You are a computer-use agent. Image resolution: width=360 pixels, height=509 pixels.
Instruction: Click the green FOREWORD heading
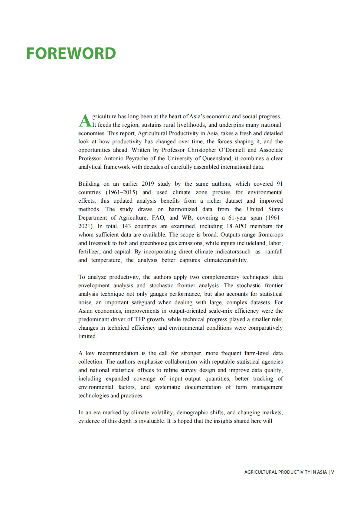pyautogui.click(x=71, y=54)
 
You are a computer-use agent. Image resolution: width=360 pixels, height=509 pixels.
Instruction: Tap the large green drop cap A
pyautogui.click(x=85, y=120)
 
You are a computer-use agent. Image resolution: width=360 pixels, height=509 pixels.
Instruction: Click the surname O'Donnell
pyautogui.click(x=232, y=150)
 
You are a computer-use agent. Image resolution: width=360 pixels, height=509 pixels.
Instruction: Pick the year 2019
pyautogui.click(x=148, y=184)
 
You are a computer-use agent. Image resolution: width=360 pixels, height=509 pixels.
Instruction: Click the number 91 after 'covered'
pyautogui.click(x=280, y=184)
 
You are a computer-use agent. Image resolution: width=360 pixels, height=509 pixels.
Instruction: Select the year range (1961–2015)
pyautogui.click(x=121, y=192)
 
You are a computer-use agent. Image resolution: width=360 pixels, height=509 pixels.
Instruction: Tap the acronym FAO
pyautogui.click(x=158, y=218)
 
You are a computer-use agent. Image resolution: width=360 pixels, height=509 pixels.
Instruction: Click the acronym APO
pyautogui.click(x=240, y=226)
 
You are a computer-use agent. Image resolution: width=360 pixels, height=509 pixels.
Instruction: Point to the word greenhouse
pyautogui.click(x=153, y=243)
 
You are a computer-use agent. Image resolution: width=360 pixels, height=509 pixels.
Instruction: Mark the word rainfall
pyautogui.click(x=274, y=252)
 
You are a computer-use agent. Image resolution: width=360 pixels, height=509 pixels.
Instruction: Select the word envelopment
pyautogui.click(x=94, y=285)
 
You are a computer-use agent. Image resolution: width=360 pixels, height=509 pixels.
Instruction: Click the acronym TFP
pyautogui.click(x=139, y=319)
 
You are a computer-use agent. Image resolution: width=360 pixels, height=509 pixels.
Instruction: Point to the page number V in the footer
pyautogui.click(x=332, y=472)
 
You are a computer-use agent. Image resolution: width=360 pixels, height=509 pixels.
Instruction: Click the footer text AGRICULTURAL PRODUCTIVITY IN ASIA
pyautogui.click(x=286, y=472)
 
